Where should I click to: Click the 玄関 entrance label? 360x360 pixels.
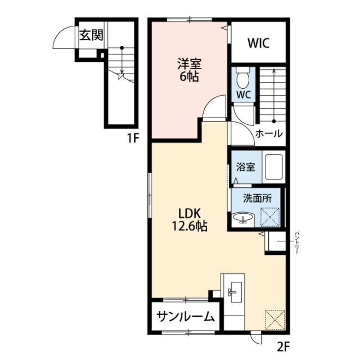pyautogui.click(x=91, y=35)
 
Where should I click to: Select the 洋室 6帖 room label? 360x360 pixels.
pyautogui.click(x=189, y=71)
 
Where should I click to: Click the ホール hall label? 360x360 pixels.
pyautogui.click(x=269, y=134)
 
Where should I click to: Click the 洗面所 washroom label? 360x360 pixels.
pyautogui.click(x=256, y=198)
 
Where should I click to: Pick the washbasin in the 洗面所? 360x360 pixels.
pyautogui.click(x=244, y=218)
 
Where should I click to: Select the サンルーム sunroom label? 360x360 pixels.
pyautogui.click(x=185, y=317)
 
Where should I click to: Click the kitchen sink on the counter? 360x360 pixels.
pyautogui.click(x=234, y=291)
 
